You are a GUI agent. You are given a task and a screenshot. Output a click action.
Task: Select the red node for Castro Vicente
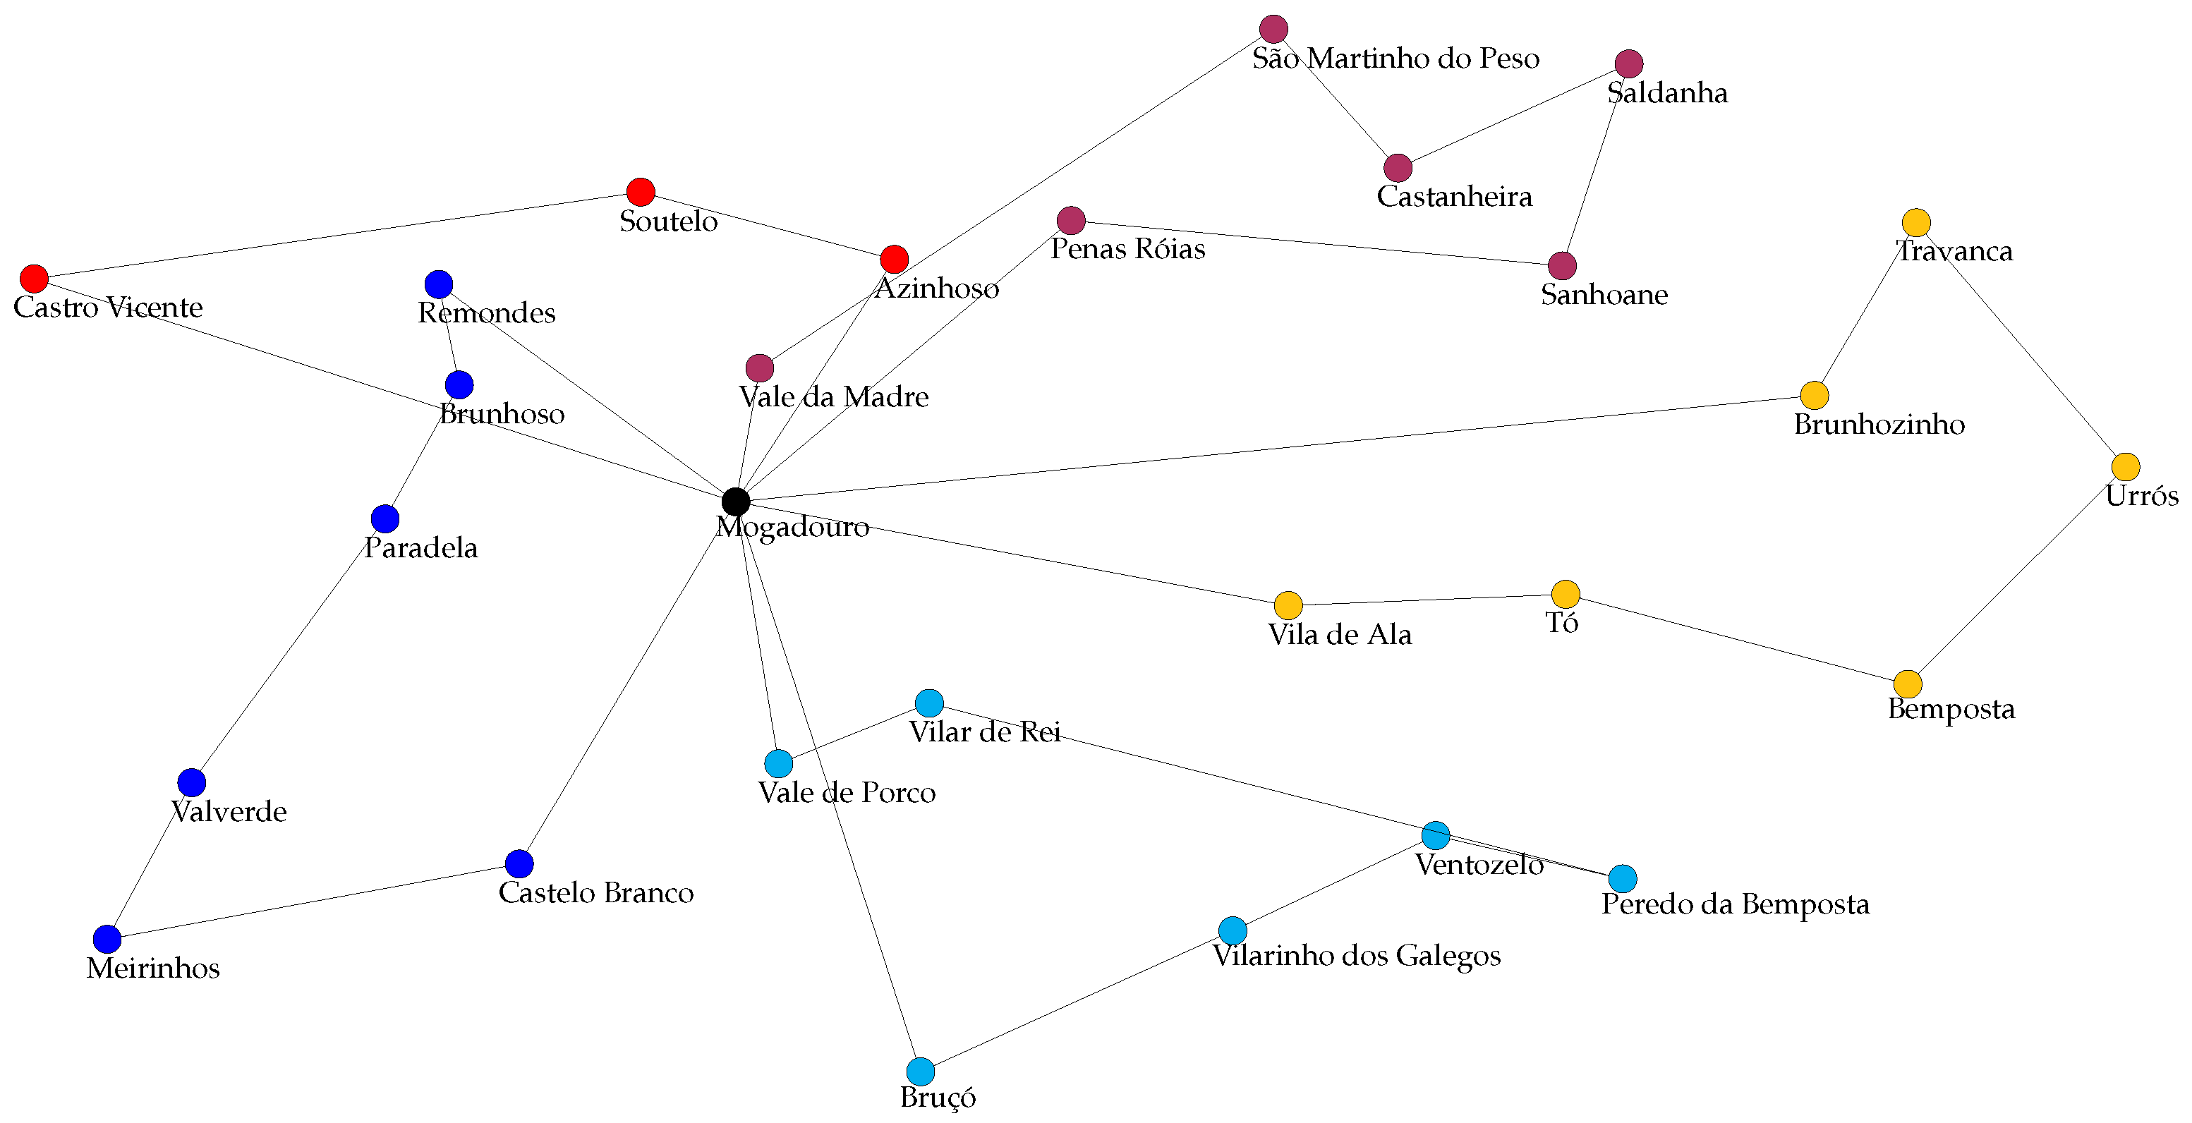coord(34,278)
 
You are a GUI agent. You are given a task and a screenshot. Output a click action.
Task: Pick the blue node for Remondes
coord(438,284)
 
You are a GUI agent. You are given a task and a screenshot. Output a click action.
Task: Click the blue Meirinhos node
coord(107,939)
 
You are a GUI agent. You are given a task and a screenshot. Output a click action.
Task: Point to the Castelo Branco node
coord(519,863)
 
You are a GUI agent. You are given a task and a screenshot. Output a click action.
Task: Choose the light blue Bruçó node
coord(921,1071)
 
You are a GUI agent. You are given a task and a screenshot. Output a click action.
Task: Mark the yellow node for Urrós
coord(2126,467)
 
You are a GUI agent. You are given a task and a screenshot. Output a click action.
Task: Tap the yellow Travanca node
coord(1916,223)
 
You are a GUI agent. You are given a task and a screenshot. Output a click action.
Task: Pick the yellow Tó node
coord(1566,594)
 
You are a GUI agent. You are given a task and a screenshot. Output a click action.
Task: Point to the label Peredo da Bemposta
coord(1735,904)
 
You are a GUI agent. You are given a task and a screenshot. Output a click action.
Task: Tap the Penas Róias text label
coord(1127,249)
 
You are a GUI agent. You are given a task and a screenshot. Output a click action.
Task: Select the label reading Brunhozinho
coord(1879,425)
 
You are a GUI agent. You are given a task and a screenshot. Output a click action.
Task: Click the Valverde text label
coord(229,812)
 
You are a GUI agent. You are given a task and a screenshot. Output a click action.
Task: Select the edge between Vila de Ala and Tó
coord(1427,600)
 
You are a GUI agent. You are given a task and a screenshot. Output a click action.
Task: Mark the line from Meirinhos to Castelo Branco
coord(313,902)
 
